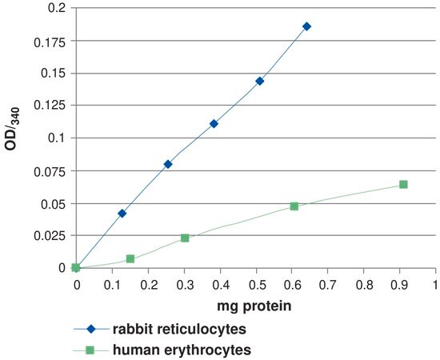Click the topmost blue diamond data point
[x=306, y=26]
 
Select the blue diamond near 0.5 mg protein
[x=260, y=82]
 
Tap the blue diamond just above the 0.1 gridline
[x=214, y=124]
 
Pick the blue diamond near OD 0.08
[x=168, y=165]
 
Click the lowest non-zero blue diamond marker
[x=122, y=214]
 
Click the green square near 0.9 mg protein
[x=403, y=184]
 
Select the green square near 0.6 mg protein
[x=294, y=206]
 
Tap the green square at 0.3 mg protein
[x=185, y=238]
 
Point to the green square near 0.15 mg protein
[x=130, y=258]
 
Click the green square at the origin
[x=76, y=268]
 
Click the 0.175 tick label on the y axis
[x=50, y=42]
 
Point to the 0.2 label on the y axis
[x=57, y=7]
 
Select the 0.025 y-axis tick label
[x=50, y=236]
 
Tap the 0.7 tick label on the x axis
[x=327, y=285]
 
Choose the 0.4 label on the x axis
[x=221, y=285]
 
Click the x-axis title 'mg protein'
[x=254, y=306]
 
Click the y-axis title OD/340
[x=12, y=129]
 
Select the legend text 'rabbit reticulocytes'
[x=179, y=329]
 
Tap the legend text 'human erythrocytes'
[x=182, y=350]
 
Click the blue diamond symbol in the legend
[x=91, y=329]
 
